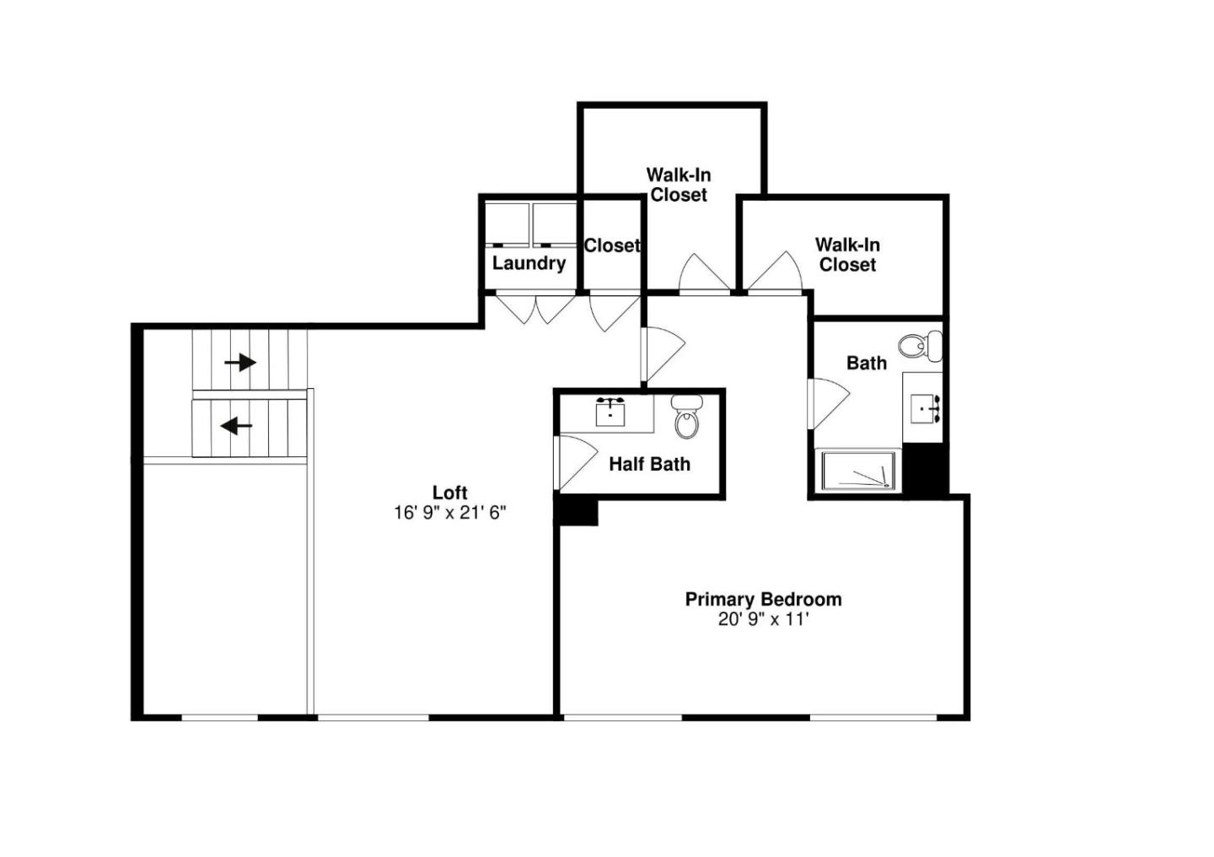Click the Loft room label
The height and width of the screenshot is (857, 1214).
449,493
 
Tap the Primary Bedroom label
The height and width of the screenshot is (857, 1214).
763,599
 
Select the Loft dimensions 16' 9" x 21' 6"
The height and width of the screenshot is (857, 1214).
449,513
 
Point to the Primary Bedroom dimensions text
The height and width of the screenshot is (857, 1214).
763,620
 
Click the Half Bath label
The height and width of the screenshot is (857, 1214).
649,464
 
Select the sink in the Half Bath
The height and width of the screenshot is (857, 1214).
610,412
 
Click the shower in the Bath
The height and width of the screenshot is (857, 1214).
858,471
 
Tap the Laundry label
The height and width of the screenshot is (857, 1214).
529,263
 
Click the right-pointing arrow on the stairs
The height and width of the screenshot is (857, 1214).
240,363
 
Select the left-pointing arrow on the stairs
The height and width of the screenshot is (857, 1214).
236,426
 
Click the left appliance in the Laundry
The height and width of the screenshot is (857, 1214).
507,224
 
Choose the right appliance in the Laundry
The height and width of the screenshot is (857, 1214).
554,224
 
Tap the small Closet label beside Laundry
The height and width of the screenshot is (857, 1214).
612,245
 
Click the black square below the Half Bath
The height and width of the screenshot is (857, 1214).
577,511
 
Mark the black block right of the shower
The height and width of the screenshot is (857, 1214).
925,469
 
